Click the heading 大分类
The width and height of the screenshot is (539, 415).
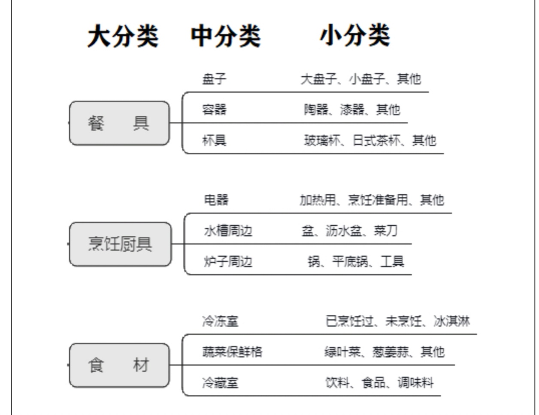click(123, 36)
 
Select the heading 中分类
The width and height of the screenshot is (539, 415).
click(225, 36)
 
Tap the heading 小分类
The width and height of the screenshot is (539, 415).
click(355, 36)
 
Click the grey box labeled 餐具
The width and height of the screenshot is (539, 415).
click(119, 123)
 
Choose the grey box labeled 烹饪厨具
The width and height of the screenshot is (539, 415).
click(120, 244)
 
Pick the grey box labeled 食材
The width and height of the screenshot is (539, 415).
click(119, 365)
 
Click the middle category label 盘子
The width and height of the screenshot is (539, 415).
click(214, 79)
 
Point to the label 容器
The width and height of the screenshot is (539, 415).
click(214, 109)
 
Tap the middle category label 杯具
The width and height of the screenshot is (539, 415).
click(214, 140)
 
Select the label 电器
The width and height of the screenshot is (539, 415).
click(216, 200)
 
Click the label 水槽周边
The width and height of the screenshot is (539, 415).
click(228, 231)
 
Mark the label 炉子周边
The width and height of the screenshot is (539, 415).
click(228, 262)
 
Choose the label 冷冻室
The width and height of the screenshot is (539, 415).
click(220, 321)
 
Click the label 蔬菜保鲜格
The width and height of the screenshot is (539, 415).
click(232, 352)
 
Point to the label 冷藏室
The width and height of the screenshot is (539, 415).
click(220, 382)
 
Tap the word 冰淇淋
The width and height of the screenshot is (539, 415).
click(452, 321)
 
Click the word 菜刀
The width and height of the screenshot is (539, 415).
click(386, 231)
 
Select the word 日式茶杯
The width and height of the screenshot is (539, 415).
click(377, 140)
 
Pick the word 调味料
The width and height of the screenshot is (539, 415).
click(416, 382)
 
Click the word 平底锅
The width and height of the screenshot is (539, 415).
click(350, 262)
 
